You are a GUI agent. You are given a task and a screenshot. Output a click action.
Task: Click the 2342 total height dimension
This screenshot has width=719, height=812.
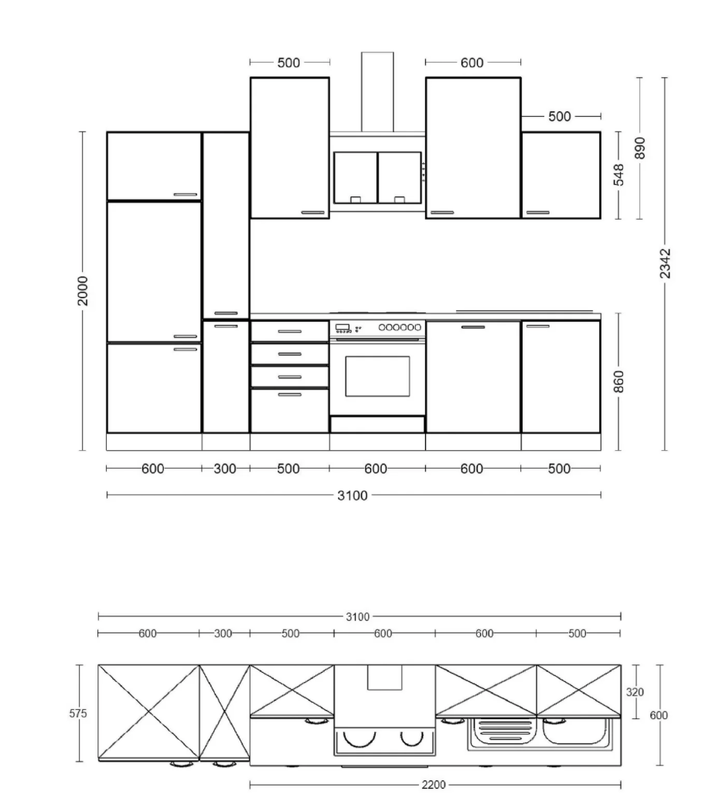[665, 264]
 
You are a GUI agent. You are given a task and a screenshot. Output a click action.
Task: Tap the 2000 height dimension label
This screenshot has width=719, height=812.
[83, 291]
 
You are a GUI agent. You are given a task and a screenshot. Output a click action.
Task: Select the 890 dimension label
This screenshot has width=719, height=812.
[640, 148]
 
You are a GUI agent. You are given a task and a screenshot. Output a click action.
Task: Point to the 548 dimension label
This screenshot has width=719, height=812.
[618, 175]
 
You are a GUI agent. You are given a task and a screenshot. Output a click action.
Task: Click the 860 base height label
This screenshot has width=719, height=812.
[618, 382]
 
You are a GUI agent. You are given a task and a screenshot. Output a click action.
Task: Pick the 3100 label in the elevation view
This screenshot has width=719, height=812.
[353, 496]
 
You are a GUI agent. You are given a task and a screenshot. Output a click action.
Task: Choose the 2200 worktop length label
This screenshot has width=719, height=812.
[433, 785]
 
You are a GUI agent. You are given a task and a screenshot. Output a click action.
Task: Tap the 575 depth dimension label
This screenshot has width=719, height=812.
[78, 713]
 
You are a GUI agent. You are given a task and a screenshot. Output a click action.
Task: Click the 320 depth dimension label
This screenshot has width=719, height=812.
[636, 692]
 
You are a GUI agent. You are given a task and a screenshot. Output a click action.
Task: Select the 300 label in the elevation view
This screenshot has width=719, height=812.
[225, 469]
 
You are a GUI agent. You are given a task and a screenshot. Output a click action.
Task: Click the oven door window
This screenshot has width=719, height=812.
[377, 377]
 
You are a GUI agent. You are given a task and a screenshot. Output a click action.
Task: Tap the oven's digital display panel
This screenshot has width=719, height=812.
[342, 328]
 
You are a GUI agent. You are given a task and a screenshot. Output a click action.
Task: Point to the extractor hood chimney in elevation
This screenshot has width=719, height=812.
[377, 92]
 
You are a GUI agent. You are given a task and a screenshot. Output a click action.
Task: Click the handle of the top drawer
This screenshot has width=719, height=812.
[289, 332]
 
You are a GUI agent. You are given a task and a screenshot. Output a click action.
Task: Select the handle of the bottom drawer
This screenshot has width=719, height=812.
[289, 394]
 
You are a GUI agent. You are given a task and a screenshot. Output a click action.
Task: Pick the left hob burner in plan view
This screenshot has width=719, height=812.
[359, 738]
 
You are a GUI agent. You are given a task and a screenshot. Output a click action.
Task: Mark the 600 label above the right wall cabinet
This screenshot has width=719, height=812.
[472, 63]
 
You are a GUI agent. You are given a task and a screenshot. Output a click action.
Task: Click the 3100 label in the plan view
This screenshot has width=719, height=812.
[358, 617]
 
